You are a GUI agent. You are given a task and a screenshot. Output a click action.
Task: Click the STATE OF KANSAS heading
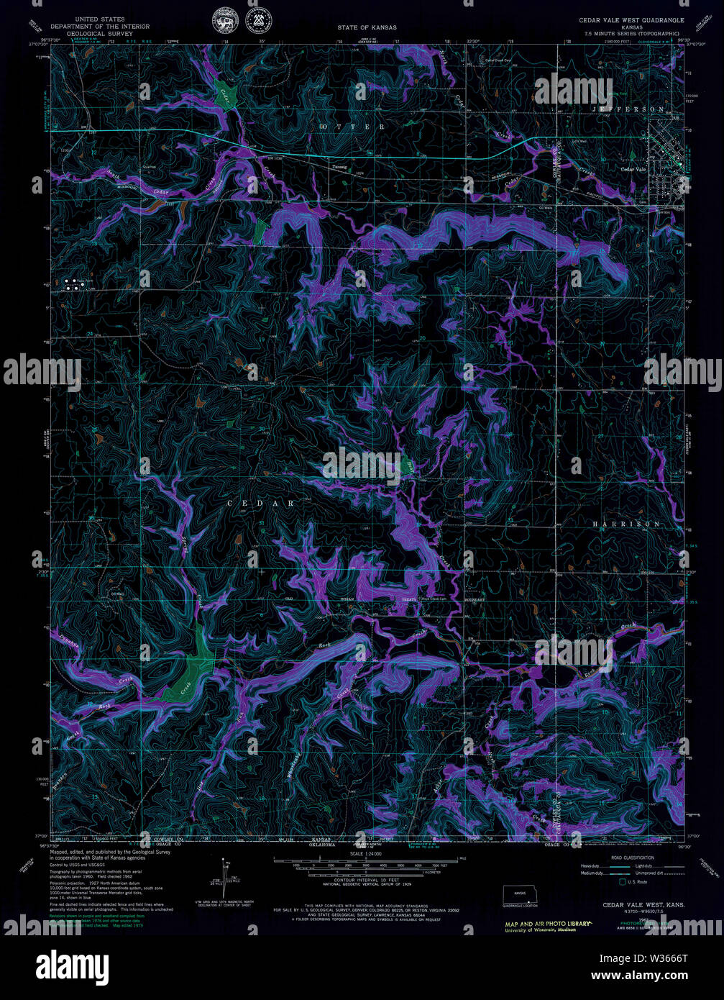pos(367,27)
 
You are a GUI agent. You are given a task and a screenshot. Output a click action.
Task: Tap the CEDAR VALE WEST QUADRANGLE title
pos(631,21)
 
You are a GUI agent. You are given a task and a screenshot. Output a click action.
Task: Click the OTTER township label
pos(352,127)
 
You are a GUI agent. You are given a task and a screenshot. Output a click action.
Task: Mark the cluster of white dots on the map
pos(73,283)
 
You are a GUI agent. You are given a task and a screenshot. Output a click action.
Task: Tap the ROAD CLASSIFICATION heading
pos(632,858)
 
